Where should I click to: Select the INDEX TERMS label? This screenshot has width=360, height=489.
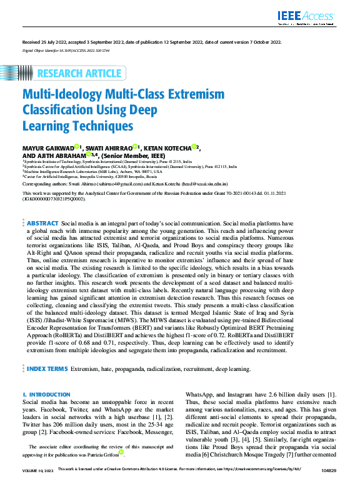coord(47,369)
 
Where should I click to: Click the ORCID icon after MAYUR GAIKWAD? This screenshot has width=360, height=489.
coord(76,146)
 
